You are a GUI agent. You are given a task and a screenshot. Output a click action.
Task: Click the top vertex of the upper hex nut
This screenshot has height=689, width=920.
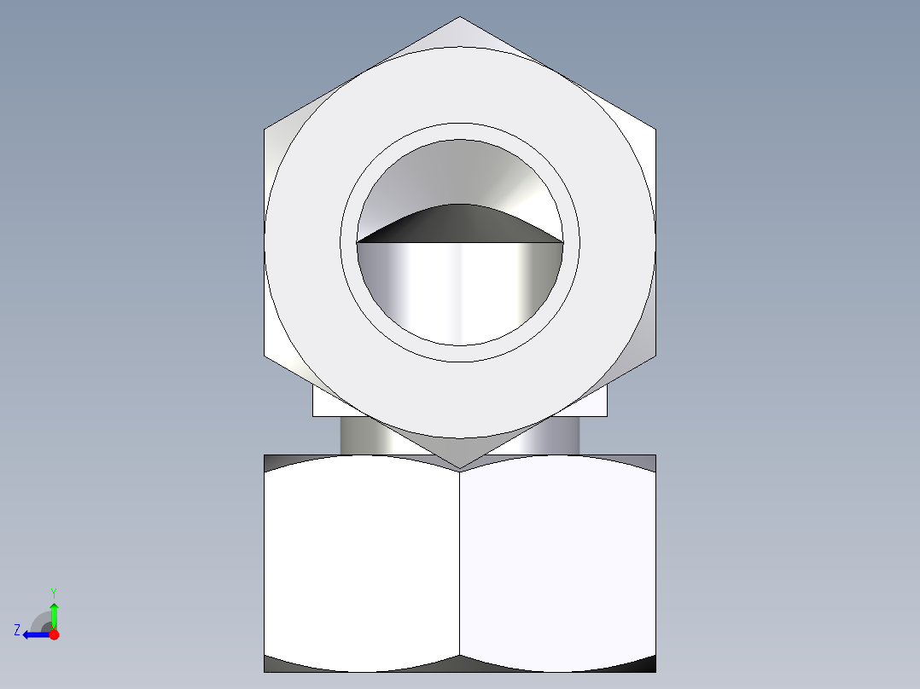[x=460, y=18]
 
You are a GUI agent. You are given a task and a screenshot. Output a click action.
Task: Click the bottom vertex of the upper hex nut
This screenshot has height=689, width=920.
[x=460, y=467]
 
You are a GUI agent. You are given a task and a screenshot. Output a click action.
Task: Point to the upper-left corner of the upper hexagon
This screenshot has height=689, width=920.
[x=265, y=130]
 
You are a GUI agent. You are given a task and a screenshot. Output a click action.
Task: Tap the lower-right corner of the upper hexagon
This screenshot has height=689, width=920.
[x=655, y=355]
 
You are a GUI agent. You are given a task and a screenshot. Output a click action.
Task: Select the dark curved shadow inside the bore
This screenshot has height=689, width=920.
[x=459, y=223]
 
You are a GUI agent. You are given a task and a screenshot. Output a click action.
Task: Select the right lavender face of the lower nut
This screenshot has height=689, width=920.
[x=558, y=563]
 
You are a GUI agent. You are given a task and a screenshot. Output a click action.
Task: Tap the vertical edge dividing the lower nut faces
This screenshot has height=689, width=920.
[x=460, y=563]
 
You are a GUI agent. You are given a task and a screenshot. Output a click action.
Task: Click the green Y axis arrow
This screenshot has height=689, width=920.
[x=54, y=612]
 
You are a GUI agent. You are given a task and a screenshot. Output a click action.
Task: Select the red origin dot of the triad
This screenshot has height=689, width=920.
[x=54, y=634]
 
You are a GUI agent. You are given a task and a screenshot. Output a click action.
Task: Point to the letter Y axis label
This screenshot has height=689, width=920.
[x=53, y=592]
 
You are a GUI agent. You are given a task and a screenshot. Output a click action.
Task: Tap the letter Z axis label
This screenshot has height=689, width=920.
[x=17, y=630]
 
